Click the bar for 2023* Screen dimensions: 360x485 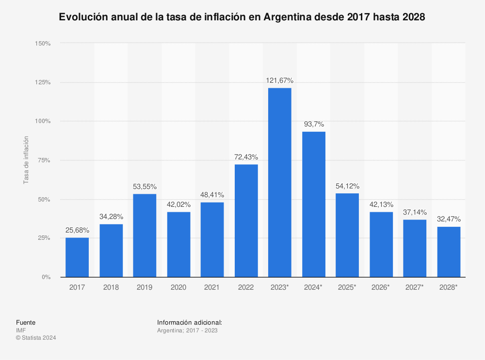click(280, 182)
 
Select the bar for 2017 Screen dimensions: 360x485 click(77, 257)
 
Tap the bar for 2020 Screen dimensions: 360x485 click(178, 244)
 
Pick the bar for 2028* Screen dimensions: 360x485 click(449, 252)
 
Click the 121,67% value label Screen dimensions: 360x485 click(280, 80)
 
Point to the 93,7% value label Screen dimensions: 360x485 click(313, 124)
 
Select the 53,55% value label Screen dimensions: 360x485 click(145, 187)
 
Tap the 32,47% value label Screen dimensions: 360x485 click(449, 219)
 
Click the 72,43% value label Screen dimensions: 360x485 click(246, 157)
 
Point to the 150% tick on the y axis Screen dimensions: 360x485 click(43, 44)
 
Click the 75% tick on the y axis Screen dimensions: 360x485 click(44, 160)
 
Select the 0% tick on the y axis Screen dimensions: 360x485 click(46, 277)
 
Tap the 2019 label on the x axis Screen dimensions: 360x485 click(145, 287)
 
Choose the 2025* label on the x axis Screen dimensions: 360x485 click(347, 287)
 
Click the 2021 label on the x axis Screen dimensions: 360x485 click(212, 287)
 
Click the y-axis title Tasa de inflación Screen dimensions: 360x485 click(26, 160)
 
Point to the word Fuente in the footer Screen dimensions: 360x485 click(26, 322)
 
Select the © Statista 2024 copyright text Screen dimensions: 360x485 click(36, 338)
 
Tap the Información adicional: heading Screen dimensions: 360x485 click(190, 322)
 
